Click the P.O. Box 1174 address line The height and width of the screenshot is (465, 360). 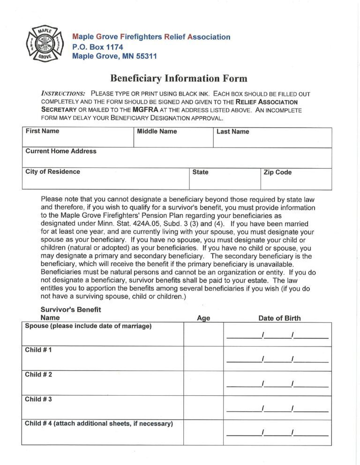pyautogui.click(x=97, y=47)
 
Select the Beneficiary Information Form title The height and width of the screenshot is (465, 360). pyautogui.click(x=179, y=78)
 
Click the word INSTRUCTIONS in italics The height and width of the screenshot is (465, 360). pyautogui.click(x=63, y=94)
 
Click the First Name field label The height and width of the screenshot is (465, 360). pyautogui.click(x=42, y=131)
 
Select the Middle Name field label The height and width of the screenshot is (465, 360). pyautogui.click(x=157, y=132)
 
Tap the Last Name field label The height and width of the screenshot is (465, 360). pyautogui.click(x=232, y=132)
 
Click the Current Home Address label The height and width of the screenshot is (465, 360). pyautogui.click(x=60, y=151)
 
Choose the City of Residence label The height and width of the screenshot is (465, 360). pyautogui.click(x=52, y=172)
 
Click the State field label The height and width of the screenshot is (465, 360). pyautogui.click(x=200, y=172)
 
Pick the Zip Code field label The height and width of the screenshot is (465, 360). pyautogui.click(x=277, y=172)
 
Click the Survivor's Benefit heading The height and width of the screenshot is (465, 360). pyautogui.click(x=71, y=310)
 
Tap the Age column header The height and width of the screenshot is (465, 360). pyautogui.click(x=203, y=318)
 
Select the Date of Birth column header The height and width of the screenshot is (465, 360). pyautogui.click(x=279, y=318)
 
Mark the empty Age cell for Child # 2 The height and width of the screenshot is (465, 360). pyautogui.click(x=203, y=384)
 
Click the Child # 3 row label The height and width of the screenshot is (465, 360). pyautogui.click(x=38, y=399)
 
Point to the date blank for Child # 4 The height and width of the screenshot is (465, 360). pyautogui.click(x=277, y=433)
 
